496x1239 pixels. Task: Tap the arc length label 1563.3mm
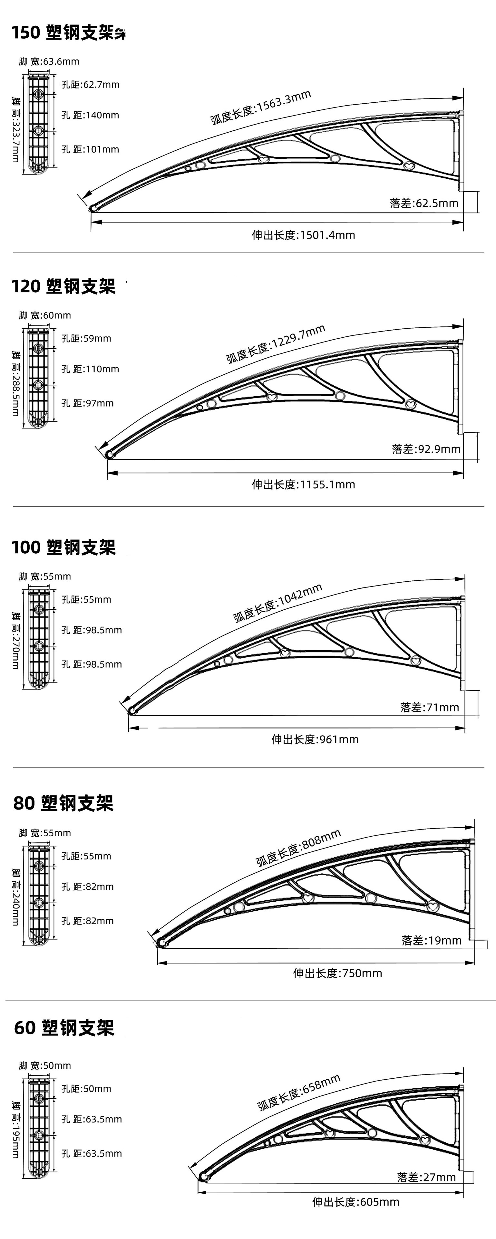pos(260,107)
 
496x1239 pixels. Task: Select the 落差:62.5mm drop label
pos(424,203)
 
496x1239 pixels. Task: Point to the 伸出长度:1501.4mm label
pos(303,235)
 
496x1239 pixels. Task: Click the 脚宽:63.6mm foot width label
pos(49,61)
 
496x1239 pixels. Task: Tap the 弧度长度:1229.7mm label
pos(276,343)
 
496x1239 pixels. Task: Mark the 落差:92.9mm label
pos(426,449)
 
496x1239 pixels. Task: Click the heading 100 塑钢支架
pos(63,547)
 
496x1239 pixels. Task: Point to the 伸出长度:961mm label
pos(315,739)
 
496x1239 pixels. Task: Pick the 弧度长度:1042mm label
pos(278,603)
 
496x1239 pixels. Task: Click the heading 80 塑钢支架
pos(63,803)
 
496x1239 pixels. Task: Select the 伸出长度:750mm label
pos(337,973)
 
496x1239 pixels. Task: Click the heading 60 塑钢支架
pos(63,1028)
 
